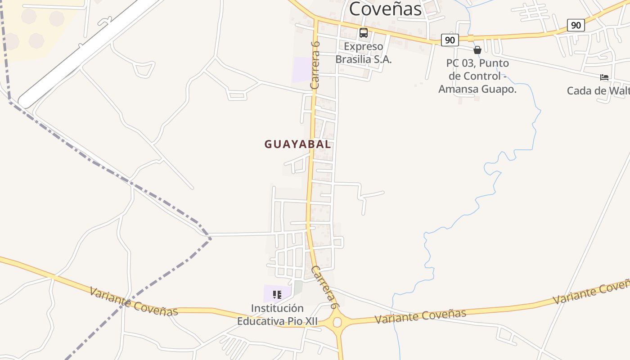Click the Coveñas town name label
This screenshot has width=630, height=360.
tap(385, 9)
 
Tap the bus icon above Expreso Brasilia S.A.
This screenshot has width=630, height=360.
tap(363, 33)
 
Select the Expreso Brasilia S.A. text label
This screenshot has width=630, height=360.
tap(364, 53)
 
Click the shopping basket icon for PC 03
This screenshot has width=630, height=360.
tap(477, 50)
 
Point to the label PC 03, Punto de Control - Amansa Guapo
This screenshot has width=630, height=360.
tap(477, 76)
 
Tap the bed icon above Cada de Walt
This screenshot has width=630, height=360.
tap(604, 77)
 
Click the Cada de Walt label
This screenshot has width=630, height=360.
tap(598, 91)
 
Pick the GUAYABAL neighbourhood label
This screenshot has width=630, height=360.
tap(297, 144)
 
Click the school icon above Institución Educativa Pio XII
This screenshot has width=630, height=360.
tap(277, 295)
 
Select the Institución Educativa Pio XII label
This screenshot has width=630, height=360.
tap(277, 315)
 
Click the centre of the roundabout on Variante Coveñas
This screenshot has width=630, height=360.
tap(337, 322)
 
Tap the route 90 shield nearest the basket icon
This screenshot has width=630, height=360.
tap(450, 40)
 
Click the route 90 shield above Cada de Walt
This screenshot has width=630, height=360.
tap(576, 25)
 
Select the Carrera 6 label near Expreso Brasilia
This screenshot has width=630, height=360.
tap(315, 64)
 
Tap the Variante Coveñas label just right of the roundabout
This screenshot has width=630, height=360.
tap(420, 316)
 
